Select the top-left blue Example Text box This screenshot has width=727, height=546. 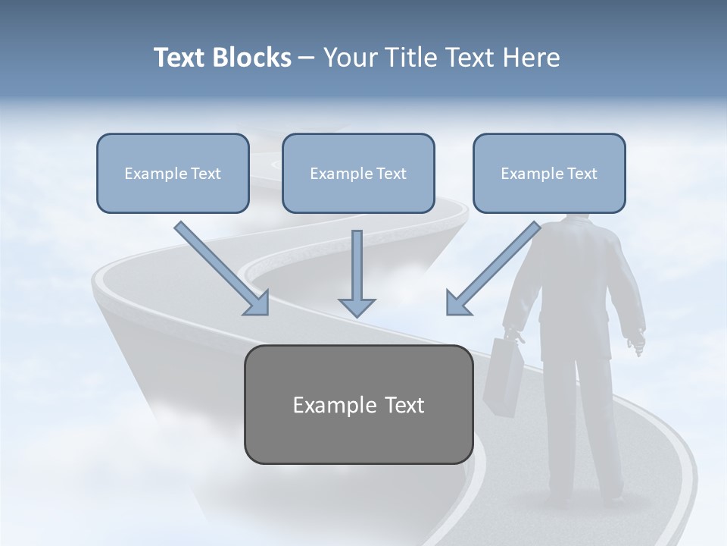click(x=173, y=173)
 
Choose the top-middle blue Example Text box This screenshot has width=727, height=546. click(x=358, y=173)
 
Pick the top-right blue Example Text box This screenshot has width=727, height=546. click(x=549, y=173)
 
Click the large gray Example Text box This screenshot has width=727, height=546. click(x=358, y=404)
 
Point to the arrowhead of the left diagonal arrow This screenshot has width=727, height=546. click(x=258, y=303)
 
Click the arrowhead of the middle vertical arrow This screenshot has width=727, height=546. click(x=357, y=306)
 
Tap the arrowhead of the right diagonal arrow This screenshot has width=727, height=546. click(x=457, y=303)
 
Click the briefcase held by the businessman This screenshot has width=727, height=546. click(x=503, y=376)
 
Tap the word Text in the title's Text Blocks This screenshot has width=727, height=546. click(x=182, y=58)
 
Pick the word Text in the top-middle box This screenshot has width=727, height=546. click(x=391, y=174)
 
